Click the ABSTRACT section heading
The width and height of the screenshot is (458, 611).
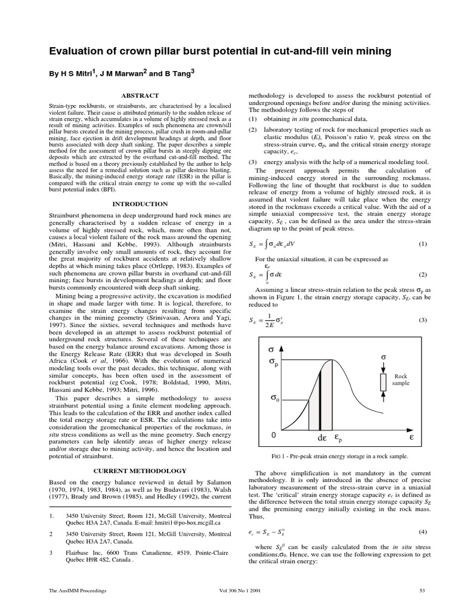(140, 95)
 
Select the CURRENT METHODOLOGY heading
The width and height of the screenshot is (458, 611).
(140, 471)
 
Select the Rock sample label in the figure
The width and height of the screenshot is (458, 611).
(401, 380)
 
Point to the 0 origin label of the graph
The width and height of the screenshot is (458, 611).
(274, 436)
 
